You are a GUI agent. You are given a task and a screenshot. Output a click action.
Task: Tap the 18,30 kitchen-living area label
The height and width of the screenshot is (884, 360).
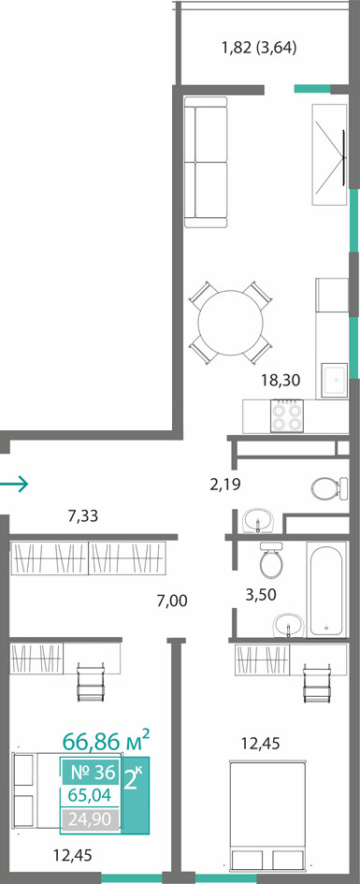[x=281, y=381]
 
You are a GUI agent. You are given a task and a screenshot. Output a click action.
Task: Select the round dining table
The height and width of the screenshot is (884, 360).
[x=230, y=323]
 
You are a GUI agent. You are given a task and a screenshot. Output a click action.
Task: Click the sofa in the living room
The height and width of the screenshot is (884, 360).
[x=206, y=162]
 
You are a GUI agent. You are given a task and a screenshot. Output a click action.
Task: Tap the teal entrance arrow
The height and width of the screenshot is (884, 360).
[x=13, y=483]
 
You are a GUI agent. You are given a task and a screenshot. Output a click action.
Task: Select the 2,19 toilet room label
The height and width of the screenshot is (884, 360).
[x=224, y=484]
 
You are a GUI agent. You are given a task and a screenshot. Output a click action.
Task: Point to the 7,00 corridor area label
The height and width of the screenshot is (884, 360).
[x=171, y=601]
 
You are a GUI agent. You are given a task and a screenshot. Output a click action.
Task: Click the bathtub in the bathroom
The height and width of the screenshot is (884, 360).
[x=326, y=588]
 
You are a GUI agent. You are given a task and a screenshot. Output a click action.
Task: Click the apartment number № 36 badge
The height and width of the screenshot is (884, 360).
[x=91, y=771]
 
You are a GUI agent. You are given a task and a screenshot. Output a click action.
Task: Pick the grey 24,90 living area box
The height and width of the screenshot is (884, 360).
[x=91, y=818]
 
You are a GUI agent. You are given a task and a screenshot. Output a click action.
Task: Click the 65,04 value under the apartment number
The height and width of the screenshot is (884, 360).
[x=90, y=795]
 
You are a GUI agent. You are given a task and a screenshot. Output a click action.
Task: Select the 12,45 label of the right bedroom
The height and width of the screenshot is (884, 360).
[x=261, y=744]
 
